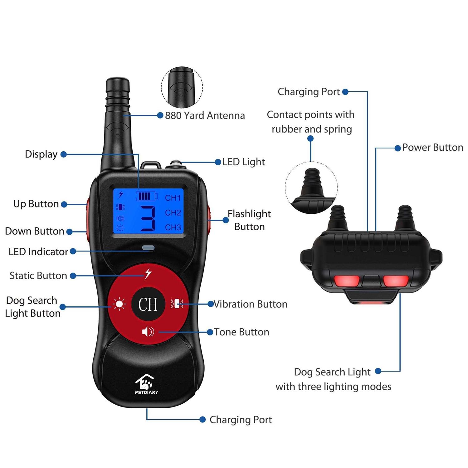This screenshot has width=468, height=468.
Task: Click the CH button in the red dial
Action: tap(148, 304)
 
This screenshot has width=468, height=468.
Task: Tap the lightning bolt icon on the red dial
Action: tap(148, 274)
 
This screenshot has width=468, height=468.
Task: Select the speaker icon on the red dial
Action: tap(148, 332)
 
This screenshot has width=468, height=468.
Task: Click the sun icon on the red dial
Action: tap(119, 304)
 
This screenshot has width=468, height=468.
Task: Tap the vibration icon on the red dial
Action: tap(177, 304)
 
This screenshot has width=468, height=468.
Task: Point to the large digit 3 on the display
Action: tap(148, 218)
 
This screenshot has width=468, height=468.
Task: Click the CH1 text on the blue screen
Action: tap(173, 198)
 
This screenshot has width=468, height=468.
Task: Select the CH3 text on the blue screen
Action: tap(173, 227)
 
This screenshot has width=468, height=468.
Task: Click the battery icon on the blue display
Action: tap(147, 196)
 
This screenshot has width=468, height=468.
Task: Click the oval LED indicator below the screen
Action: tap(148, 248)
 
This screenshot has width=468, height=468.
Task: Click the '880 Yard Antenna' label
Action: tap(205, 115)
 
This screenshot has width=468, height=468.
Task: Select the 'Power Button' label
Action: tap(432, 147)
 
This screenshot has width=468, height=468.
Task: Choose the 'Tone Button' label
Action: tap(241, 332)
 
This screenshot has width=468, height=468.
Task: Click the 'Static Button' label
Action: tap(38, 275)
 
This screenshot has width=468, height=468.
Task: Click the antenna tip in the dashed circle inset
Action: tap(182, 87)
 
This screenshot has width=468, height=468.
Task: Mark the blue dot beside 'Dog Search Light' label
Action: tap(378, 371)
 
